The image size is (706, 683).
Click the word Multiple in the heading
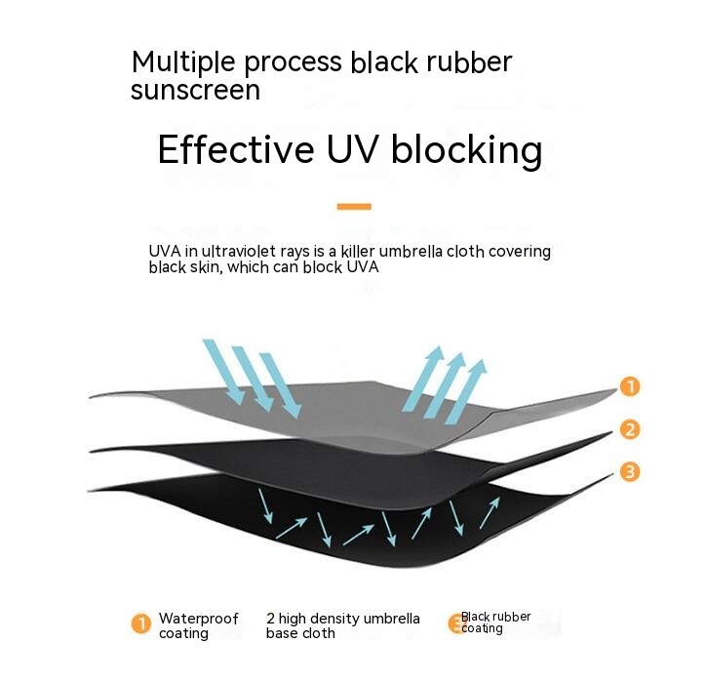(x=183, y=62)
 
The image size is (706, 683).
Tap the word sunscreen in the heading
(x=195, y=90)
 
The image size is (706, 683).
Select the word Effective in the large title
(x=236, y=149)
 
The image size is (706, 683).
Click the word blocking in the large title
(x=467, y=152)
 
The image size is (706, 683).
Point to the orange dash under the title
(x=354, y=207)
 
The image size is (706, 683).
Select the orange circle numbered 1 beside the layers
(x=630, y=386)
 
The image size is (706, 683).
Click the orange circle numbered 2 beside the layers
(x=630, y=429)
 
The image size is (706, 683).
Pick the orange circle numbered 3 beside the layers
(x=630, y=471)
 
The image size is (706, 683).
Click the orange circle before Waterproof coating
(x=141, y=623)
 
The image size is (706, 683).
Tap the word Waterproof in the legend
(x=199, y=619)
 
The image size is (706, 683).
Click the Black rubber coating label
(x=495, y=623)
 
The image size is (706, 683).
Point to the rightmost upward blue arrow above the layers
(x=466, y=392)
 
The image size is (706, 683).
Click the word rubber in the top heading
(x=470, y=62)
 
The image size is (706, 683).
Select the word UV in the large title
(x=351, y=149)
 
